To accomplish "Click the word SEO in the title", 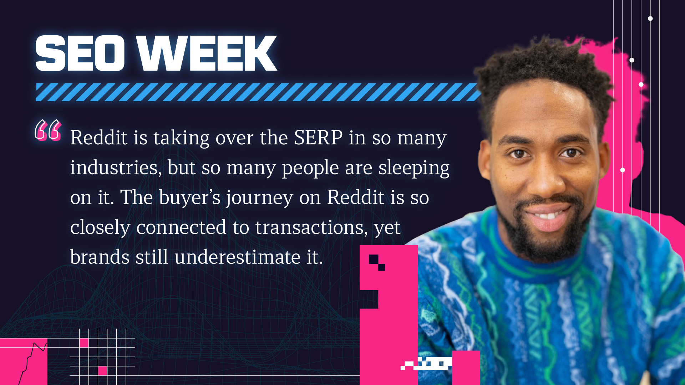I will tap(80, 53).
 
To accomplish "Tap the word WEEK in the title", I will tap(207, 53).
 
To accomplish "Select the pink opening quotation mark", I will tap(48, 130).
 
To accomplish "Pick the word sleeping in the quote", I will tap(414, 168).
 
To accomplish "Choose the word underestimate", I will tap(237, 257).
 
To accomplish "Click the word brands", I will tap(100, 257).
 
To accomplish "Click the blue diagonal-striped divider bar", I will tap(257, 92).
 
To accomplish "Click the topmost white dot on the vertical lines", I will tap(650, 19).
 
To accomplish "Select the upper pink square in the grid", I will tap(84, 343).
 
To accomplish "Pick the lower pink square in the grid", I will tap(102, 371).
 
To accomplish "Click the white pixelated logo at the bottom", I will tap(426, 364).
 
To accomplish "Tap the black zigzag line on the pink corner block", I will tap(34, 356).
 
